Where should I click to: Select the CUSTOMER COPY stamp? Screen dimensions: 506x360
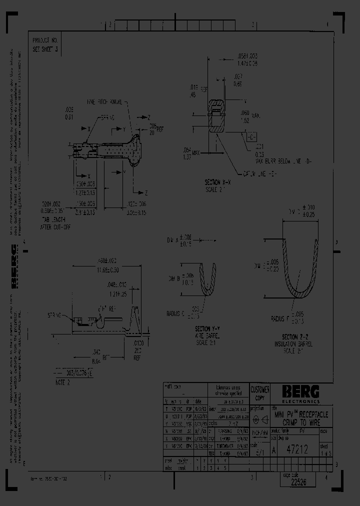[259, 392]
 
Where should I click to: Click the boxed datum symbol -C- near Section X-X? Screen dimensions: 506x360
[251, 136]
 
